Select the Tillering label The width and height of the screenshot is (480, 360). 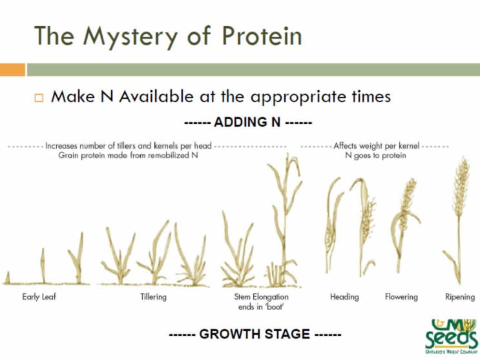(153, 297)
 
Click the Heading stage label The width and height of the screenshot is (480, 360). (344, 297)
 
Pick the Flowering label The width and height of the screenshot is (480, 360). (401, 297)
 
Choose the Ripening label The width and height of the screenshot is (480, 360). (459, 297)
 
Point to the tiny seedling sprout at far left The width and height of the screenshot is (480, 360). (8, 278)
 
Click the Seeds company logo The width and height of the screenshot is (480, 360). (450, 337)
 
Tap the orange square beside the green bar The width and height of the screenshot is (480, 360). (12, 70)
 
